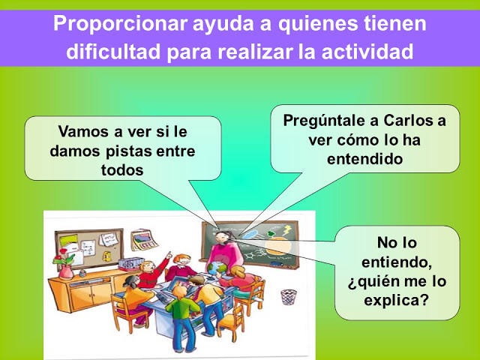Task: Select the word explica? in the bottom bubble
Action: coord(396,300)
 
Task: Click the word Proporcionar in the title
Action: coord(120,23)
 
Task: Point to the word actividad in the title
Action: coord(367,51)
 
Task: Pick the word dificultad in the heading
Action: coord(113,51)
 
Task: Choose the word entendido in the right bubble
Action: coord(364,159)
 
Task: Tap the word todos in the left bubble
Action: coord(122,170)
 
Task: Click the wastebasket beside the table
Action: coord(289,297)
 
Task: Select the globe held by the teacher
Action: coord(217,268)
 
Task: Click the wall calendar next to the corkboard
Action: coord(144,240)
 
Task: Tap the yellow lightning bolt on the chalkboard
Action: coord(288,230)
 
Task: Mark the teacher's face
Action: coord(220,237)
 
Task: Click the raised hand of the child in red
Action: coord(168,255)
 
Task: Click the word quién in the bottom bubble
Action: coord(376,282)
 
